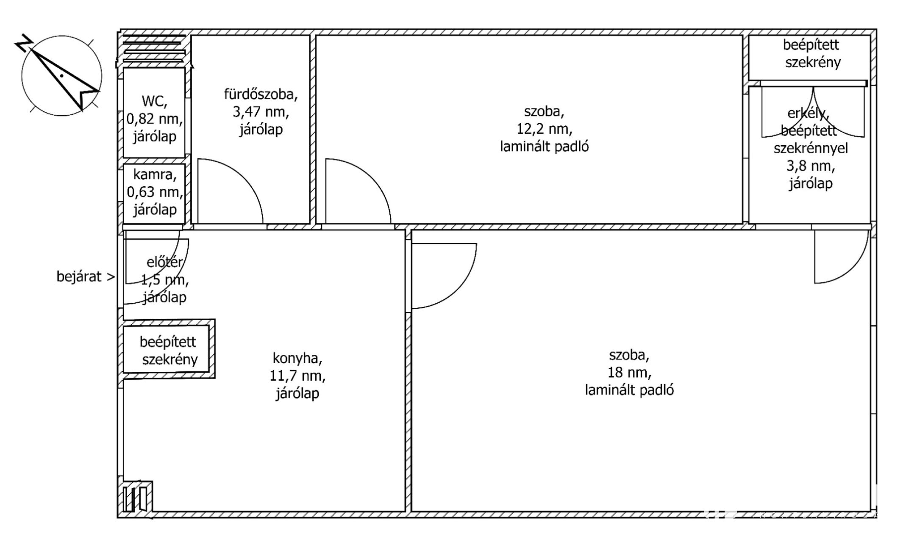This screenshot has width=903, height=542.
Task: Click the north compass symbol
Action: (x=61, y=75)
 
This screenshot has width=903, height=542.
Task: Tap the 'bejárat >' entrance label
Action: (x=86, y=277)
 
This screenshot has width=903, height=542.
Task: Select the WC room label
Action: (x=154, y=101)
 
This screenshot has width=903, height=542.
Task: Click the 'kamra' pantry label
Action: (x=154, y=174)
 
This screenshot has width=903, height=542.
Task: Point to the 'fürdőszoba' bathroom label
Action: (x=261, y=94)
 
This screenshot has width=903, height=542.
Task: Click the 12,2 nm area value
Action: (x=544, y=129)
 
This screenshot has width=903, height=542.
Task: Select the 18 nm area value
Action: (x=629, y=373)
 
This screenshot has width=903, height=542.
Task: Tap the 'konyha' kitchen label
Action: (x=297, y=358)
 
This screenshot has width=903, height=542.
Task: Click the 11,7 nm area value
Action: (x=297, y=376)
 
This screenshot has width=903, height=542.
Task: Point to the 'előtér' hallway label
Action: (x=164, y=262)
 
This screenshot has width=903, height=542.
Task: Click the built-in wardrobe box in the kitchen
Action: (x=169, y=349)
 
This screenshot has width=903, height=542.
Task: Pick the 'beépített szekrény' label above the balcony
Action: (x=812, y=54)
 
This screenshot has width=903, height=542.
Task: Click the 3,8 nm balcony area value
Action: (x=811, y=166)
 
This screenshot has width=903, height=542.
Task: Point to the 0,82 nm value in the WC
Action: (x=155, y=119)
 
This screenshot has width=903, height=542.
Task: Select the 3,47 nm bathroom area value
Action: (x=261, y=112)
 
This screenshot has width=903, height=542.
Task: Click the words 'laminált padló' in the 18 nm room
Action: (x=629, y=390)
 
